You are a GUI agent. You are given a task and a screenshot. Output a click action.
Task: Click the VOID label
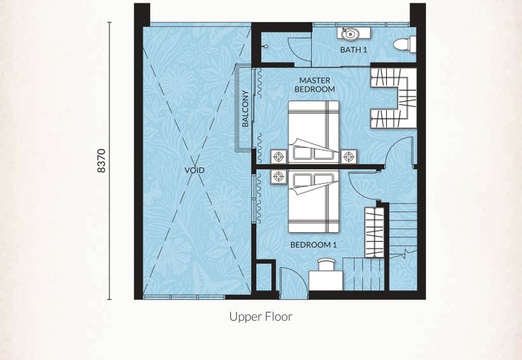point(194,170)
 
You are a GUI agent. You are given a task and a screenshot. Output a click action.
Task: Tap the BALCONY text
point(245,109)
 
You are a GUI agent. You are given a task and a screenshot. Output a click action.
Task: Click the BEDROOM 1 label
point(314,245)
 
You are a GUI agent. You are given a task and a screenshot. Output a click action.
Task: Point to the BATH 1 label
point(354,50)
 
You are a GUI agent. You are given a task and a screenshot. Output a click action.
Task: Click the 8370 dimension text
point(101,160)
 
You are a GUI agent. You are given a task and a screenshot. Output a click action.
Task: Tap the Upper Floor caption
point(260,317)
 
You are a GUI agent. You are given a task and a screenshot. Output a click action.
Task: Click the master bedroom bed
point(314,132)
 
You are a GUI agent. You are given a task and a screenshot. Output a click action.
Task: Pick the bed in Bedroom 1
point(314,202)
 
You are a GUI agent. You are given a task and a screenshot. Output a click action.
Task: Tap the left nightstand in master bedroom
point(279,157)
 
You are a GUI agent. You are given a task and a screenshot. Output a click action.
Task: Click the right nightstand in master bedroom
point(348,157)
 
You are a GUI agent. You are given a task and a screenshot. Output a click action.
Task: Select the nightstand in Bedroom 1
point(279,177)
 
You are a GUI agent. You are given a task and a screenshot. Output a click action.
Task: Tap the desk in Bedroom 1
point(326,280)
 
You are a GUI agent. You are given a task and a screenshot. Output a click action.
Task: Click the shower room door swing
point(299,50)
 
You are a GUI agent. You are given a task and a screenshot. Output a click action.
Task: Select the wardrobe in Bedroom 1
point(375,232)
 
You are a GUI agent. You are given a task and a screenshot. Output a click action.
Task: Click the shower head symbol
point(266,47)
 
